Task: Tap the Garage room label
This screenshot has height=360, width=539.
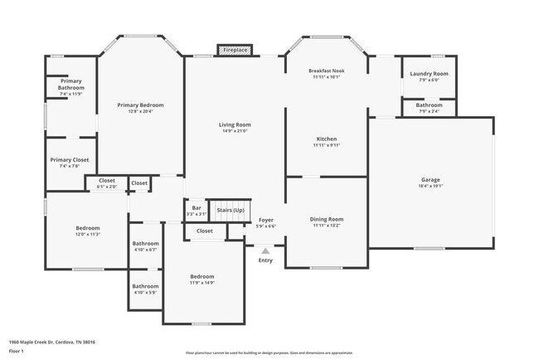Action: pos(430,180)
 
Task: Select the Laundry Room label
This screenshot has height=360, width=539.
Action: pos(429,74)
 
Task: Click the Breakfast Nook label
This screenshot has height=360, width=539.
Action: pos(326,71)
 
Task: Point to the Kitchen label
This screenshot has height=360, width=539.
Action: pos(326,139)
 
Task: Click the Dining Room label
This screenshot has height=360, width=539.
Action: pos(326,219)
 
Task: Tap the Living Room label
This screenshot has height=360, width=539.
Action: pos(235,124)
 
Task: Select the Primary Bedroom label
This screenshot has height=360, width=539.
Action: pos(140,105)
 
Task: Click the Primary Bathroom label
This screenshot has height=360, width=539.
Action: pos(70,84)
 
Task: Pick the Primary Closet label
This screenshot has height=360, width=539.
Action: pos(70,159)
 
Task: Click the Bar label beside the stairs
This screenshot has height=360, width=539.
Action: pos(197,208)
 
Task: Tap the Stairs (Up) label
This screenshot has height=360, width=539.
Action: pos(231,210)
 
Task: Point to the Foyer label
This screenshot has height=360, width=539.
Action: pos(265,220)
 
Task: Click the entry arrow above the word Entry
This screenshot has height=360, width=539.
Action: pos(265,250)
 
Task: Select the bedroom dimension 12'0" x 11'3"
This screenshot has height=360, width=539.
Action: pos(88,235)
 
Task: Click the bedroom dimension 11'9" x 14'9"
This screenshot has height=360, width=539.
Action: pos(202,283)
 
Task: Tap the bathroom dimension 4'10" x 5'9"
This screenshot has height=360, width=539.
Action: pos(145,292)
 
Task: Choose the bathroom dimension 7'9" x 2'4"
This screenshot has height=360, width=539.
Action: pos(429,110)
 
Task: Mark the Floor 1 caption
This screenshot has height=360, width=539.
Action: pos(17,352)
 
